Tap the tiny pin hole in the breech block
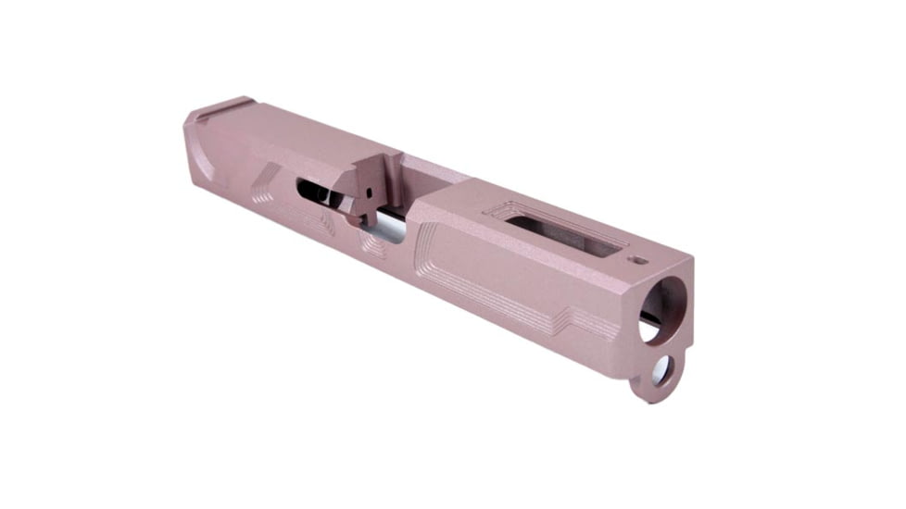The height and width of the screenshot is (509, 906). (x=369, y=195)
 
